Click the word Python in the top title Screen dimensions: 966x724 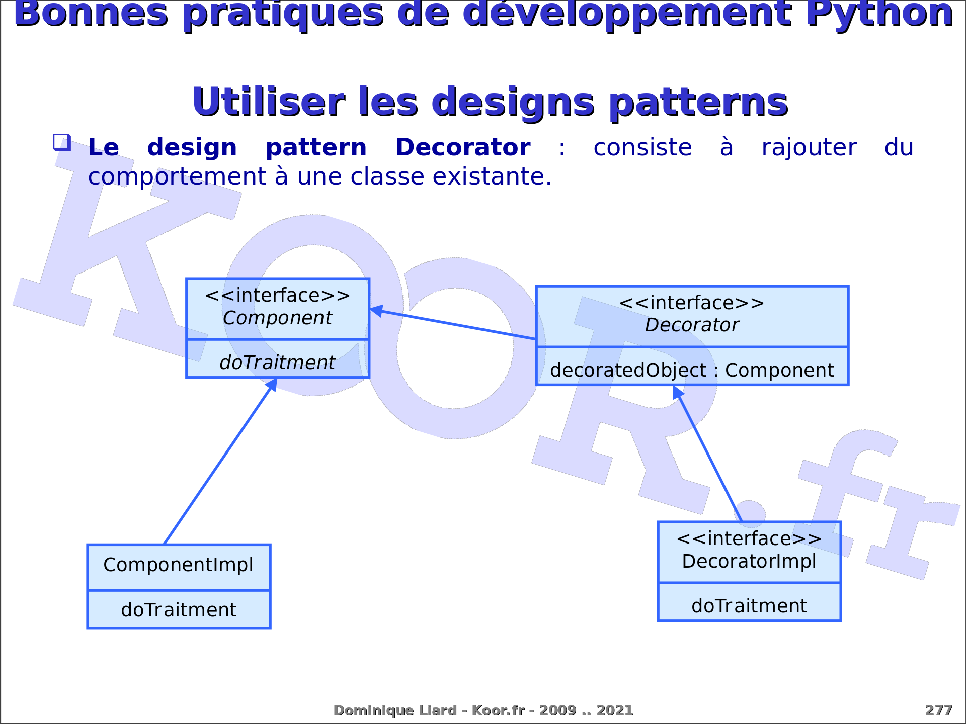click(x=879, y=14)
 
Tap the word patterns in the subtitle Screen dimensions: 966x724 click(x=698, y=103)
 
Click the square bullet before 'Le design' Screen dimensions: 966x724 click(x=62, y=142)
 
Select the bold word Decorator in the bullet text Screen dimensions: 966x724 click(x=463, y=147)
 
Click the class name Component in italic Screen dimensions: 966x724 click(x=277, y=318)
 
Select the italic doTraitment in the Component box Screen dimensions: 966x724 click(x=277, y=363)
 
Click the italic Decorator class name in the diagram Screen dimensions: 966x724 click(x=692, y=325)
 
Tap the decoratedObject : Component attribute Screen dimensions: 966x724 click(x=692, y=371)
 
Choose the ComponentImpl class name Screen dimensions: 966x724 click(x=179, y=565)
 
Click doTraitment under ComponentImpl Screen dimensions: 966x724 click(x=179, y=610)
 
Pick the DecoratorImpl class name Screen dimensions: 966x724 click(x=749, y=562)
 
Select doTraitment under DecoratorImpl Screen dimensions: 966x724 click(x=749, y=606)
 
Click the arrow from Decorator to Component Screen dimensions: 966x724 click(x=453, y=324)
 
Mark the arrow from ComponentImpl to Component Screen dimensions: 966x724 click(x=221, y=461)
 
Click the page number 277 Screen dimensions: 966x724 click(x=938, y=710)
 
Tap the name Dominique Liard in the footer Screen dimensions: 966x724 click(x=395, y=710)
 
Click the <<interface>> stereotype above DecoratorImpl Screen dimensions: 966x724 click(x=749, y=539)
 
